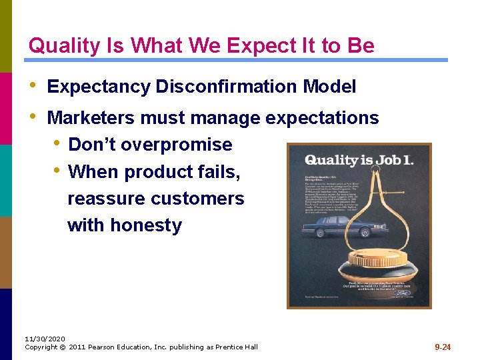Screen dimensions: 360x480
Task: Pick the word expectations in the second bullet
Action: click(x=322, y=118)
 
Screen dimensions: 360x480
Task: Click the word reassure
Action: click(x=106, y=199)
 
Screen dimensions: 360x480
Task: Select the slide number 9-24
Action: click(x=443, y=347)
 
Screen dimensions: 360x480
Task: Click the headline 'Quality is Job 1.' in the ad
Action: click(x=359, y=160)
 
